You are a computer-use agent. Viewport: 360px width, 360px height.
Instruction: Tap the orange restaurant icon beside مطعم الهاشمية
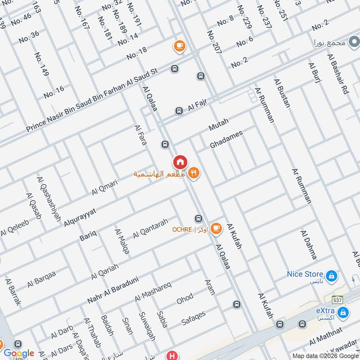[194, 173]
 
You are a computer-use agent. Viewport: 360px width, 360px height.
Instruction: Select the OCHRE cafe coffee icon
[216, 229]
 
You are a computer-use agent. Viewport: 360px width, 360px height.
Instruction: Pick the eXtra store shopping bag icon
[343, 312]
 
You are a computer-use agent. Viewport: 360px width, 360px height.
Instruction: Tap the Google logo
[19, 353]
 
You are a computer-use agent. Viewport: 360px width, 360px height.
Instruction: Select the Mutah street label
[219, 125]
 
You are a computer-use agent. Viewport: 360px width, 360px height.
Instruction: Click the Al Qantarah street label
[150, 229]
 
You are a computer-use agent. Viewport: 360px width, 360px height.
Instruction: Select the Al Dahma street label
[309, 245]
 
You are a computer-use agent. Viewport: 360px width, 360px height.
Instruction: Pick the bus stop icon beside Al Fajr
[179, 111]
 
